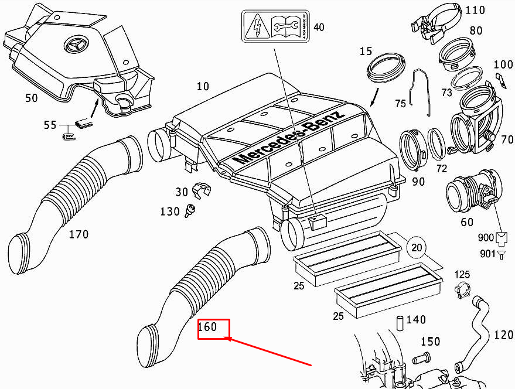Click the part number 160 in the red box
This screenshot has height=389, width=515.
[x=207, y=327]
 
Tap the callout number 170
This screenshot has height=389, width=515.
[x=79, y=235]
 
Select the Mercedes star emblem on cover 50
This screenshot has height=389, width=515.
[x=77, y=46]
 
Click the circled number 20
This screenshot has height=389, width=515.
[x=416, y=248]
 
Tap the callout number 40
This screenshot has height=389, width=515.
[x=318, y=28]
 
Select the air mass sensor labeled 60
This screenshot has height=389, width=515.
[x=469, y=194]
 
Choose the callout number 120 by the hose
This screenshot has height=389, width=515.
[x=503, y=335]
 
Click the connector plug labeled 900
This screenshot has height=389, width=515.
[x=501, y=238]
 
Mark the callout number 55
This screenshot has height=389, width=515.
[x=50, y=125]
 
